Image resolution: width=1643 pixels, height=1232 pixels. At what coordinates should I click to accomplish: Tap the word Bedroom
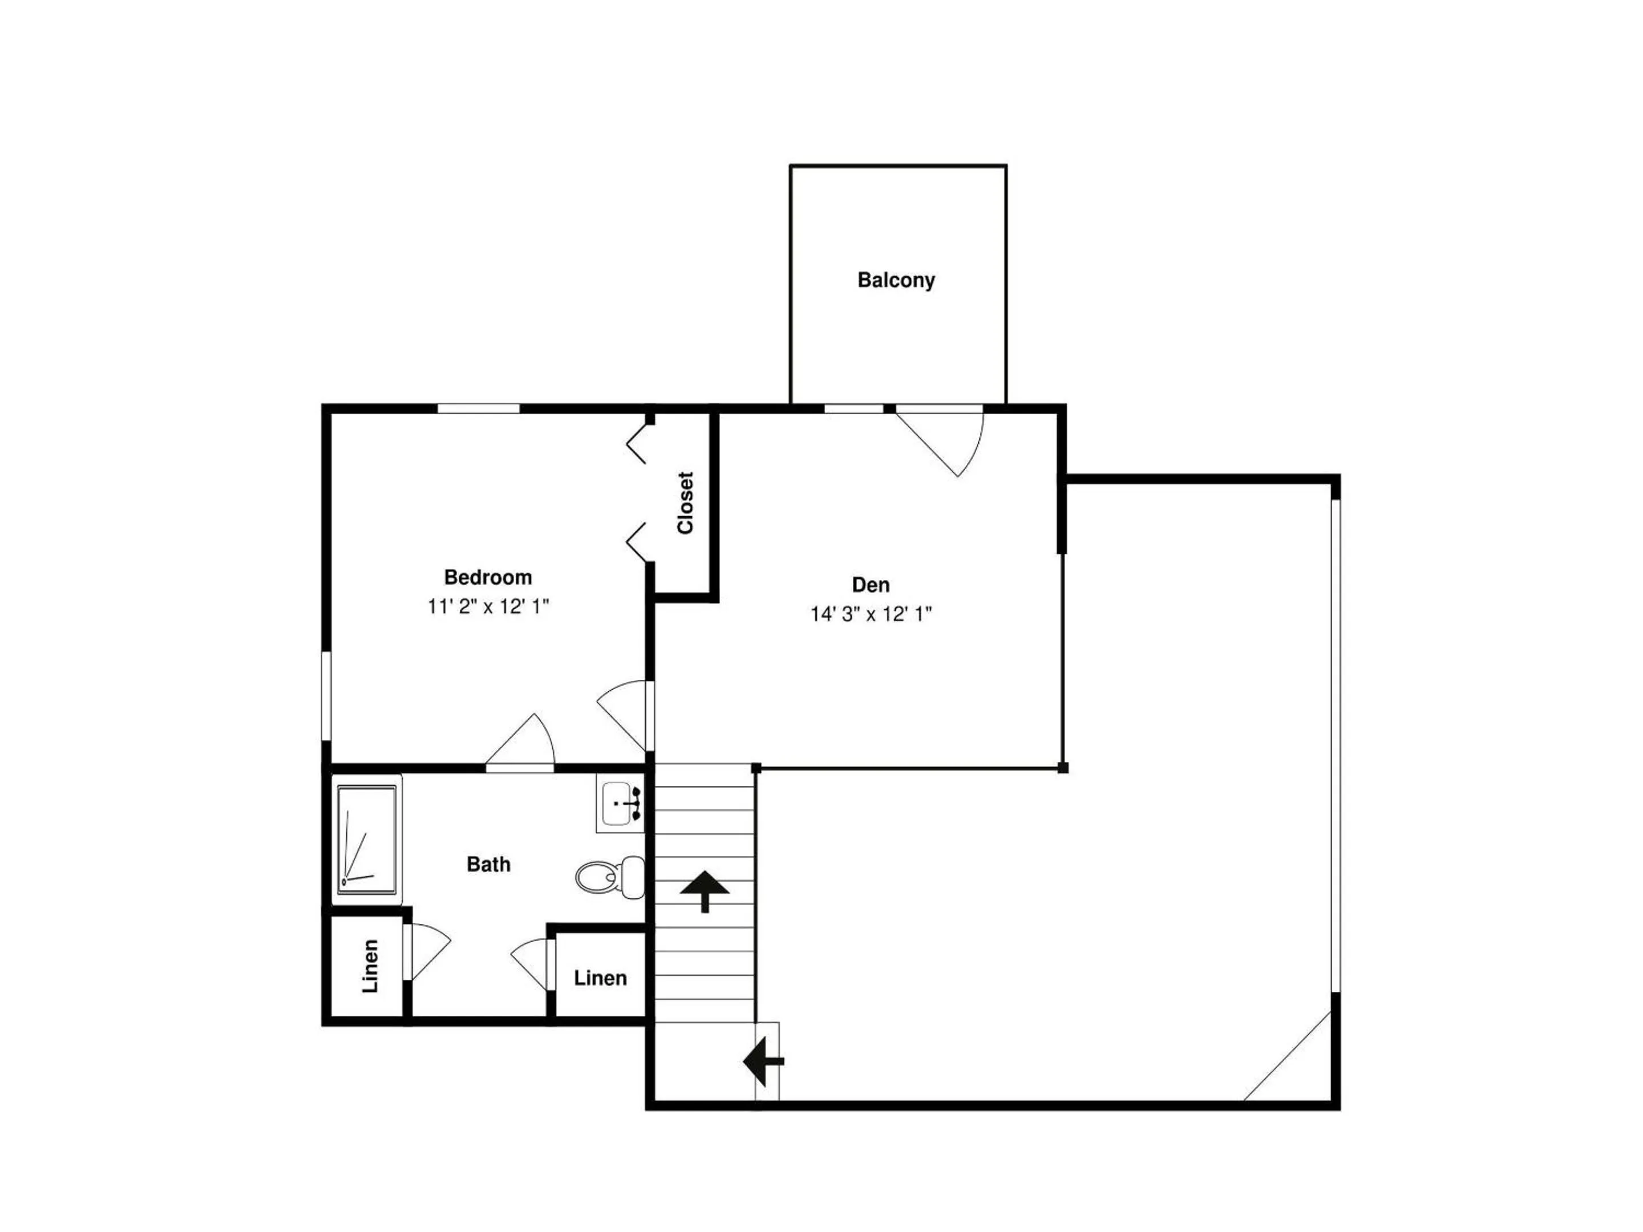click(x=488, y=577)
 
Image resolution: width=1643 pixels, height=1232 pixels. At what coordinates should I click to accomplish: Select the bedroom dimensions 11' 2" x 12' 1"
click(x=488, y=607)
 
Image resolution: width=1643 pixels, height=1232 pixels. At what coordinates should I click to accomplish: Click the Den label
click(x=871, y=585)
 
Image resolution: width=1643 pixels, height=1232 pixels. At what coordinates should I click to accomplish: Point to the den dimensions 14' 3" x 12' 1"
click(x=871, y=614)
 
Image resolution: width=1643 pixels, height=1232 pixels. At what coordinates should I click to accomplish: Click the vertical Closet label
click(x=685, y=502)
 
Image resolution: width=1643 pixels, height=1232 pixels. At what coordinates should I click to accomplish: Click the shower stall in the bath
click(x=367, y=839)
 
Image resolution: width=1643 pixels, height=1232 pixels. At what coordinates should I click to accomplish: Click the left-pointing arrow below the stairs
click(x=763, y=1061)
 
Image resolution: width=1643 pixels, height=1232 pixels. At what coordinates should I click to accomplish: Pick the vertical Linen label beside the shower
click(x=370, y=966)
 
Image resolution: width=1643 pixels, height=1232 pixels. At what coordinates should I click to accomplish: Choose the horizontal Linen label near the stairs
click(x=600, y=978)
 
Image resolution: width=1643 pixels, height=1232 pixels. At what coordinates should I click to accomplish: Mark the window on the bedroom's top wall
click(x=478, y=408)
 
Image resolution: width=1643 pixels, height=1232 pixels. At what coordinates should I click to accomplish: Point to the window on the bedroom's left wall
click(x=326, y=696)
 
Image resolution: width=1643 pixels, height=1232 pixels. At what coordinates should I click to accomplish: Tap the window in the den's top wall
click(x=854, y=408)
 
